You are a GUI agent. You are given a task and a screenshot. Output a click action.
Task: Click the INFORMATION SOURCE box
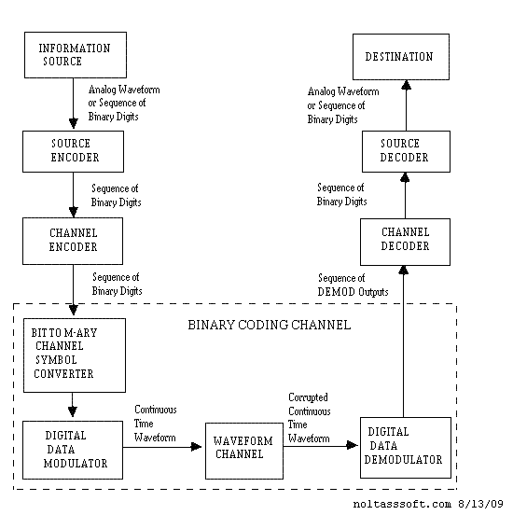(74, 54)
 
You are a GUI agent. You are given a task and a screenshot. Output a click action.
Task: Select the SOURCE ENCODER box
(74, 150)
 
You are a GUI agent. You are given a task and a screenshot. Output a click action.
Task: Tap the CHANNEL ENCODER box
(74, 241)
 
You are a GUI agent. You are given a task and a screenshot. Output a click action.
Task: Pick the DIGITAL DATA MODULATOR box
(72, 450)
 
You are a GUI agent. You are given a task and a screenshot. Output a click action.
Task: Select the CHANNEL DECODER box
(405, 240)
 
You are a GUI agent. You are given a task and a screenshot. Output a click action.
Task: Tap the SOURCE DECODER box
(405, 150)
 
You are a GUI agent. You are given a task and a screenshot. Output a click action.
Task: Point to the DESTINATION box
(398, 57)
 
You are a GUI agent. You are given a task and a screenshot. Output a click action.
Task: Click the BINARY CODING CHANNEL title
(269, 325)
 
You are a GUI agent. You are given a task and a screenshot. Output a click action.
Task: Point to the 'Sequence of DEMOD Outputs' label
(353, 285)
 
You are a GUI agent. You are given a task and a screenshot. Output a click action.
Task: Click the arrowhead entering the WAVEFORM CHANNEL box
(198, 447)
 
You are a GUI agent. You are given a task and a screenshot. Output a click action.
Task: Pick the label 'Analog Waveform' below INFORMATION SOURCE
(130, 90)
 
